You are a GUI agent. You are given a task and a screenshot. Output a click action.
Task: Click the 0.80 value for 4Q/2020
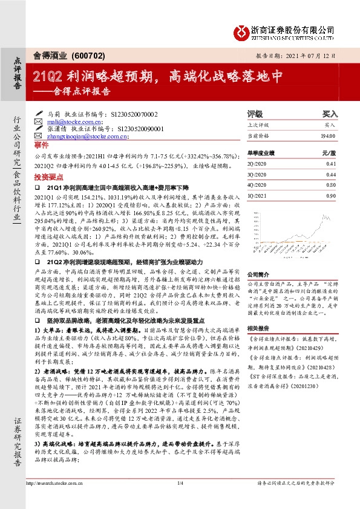click(x=331, y=184)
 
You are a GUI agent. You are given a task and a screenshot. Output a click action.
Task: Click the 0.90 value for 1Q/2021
click(x=331, y=194)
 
